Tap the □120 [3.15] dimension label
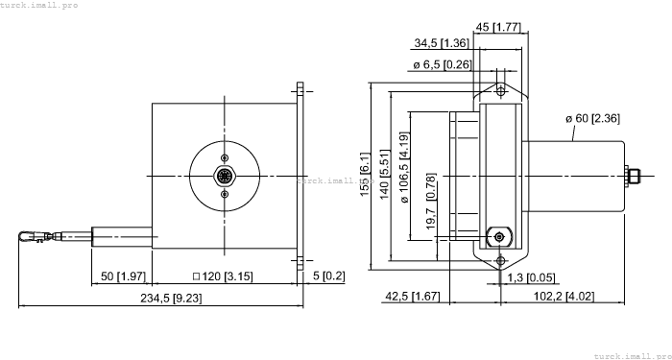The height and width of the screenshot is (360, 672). pyautogui.click(x=223, y=277)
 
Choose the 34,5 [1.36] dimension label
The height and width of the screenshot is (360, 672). pyautogui.click(x=441, y=44)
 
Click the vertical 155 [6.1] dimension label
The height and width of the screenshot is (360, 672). pyautogui.click(x=366, y=175)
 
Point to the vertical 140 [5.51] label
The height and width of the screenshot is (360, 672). pyautogui.click(x=386, y=175)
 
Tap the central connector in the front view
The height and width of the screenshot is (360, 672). pyautogui.click(x=225, y=177)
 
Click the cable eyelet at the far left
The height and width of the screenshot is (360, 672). pyautogui.click(x=27, y=234)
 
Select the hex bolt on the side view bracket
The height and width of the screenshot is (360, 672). pyautogui.click(x=498, y=235)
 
